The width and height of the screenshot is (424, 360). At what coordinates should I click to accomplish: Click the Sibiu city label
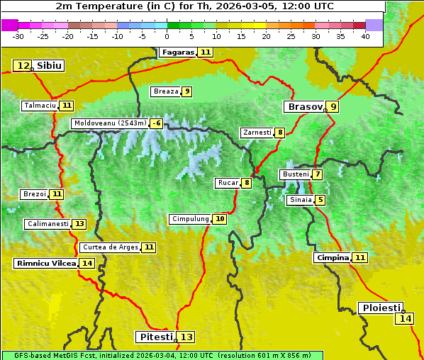[x=49, y=66]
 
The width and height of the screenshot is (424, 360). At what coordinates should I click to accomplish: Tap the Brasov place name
[x=304, y=107]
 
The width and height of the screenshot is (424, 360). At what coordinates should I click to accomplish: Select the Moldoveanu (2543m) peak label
[x=109, y=123]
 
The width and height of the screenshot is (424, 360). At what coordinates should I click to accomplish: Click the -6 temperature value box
[x=156, y=123]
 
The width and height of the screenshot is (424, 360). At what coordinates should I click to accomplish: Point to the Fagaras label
[x=177, y=52]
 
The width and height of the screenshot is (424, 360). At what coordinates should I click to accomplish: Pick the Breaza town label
[x=166, y=91]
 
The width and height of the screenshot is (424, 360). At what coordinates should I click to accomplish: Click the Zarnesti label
[x=257, y=133]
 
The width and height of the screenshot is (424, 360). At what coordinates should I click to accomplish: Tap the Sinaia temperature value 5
[x=320, y=201]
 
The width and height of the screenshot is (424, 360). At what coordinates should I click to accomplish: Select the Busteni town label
[x=295, y=174]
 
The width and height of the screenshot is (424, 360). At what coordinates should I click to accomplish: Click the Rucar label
[x=228, y=183]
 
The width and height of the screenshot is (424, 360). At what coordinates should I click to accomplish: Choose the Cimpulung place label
[x=190, y=219]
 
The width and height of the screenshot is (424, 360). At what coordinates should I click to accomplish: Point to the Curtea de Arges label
[x=109, y=247]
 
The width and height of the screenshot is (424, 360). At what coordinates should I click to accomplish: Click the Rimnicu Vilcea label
[x=45, y=264]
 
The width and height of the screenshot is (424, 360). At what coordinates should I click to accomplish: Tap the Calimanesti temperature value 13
[x=79, y=224]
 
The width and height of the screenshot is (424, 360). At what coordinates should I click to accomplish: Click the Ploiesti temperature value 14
[x=406, y=319]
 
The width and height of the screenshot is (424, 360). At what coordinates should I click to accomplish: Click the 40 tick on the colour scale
[x=365, y=36]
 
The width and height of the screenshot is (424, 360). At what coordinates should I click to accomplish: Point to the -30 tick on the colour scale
[x=18, y=36]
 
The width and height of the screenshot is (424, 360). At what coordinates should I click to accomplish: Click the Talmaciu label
[x=40, y=106]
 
